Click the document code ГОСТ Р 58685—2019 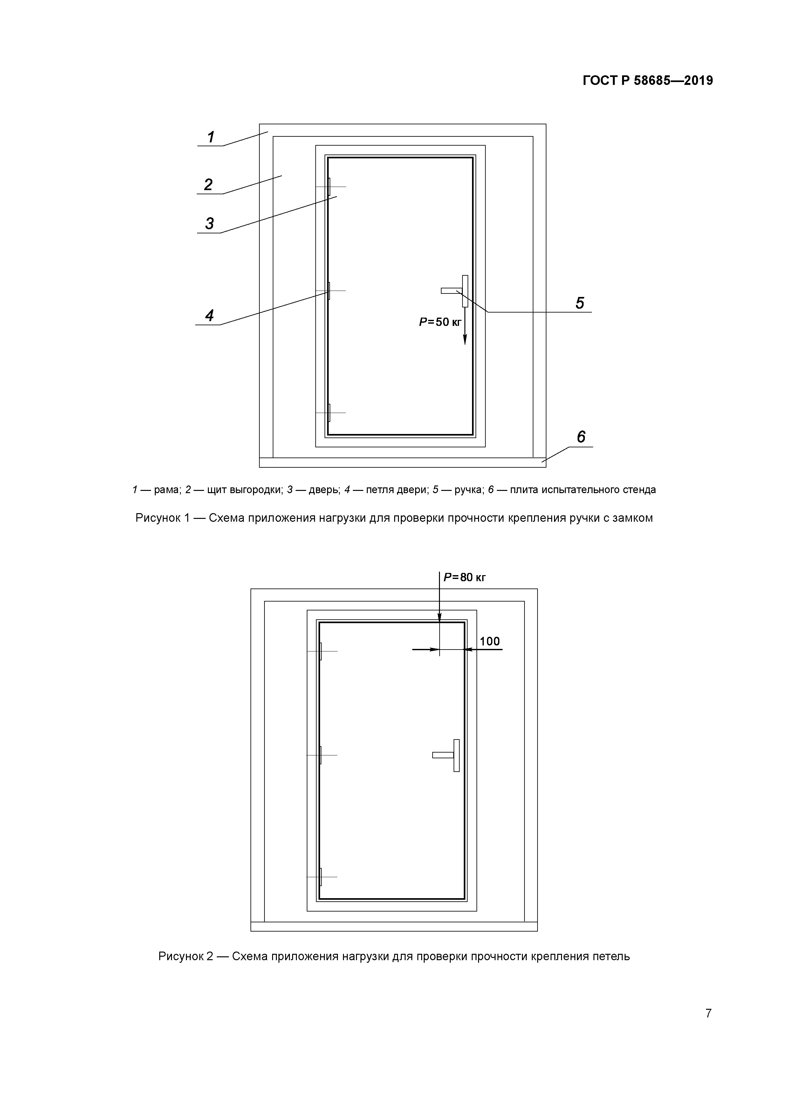pyautogui.click(x=648, y=81)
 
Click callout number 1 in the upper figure pyautogui.click(x=211, y=137)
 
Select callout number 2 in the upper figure pyautogui.click(x=208, y=184)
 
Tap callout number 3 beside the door pyautogui.click(x=209, y=224)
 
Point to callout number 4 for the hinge pyautogui.click(x=209, y=316)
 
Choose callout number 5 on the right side pyautogui.click(x=580, y=303)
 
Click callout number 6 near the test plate pyautogui.click(x=581, y=437)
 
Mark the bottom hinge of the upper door pyautogui.click(x=329, y=413)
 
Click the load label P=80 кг pyautogui.click(x=465, y=577)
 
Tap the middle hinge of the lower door pyautogui.click(x=320, y=755)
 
